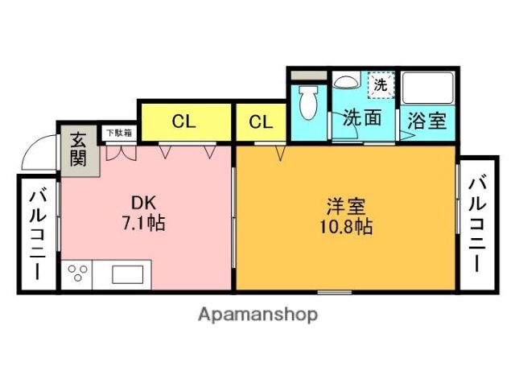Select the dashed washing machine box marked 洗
pyautogui.click(x=378, y=83)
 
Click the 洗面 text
pyautogui.click(x=362, y=118)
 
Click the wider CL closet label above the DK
pyautogui.click(x=183, y=122)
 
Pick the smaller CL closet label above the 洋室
pyautogui.click(x=260, y=122)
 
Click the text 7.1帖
pyautogui.click(x=143, y=223)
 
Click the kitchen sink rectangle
pyautogui.click(x=127, y=274)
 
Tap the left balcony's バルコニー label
pyautogui.click(x=37, y=233)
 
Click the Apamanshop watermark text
pyautogui.click(x=257, y=314)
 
